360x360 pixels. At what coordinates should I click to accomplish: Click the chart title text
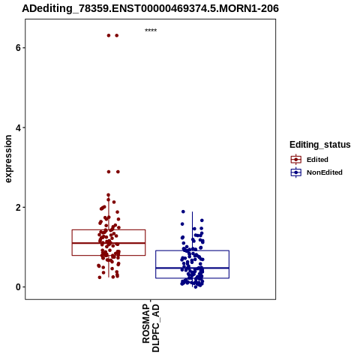click(x=150, y=8)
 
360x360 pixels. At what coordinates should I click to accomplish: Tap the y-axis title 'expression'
click(x=8, y=159)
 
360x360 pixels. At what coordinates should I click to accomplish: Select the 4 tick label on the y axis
click(x=18, y=127)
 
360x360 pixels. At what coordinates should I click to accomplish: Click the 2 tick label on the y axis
click(x=18, y=208)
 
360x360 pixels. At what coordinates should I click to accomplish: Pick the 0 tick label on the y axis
click(x=18, y=287)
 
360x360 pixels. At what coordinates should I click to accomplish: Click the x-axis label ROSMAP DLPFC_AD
click(x=151, y=328)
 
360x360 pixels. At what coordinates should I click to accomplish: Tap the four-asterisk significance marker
click(x=151, y=31)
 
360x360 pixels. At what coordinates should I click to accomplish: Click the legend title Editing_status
click(x=320, y=145)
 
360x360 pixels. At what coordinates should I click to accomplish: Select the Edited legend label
click(x=317, y=160)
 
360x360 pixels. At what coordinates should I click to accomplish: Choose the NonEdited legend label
click(x=325, y=172)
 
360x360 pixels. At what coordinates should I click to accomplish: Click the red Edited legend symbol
click(x=296, y=160)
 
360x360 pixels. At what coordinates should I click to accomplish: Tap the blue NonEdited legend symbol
click(x=296, y=172)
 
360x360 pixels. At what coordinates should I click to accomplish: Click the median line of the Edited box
click(x=109, y=243)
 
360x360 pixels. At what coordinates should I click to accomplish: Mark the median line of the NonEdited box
click(x=192, y=268)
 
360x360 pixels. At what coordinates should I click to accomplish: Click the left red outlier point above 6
click(x=109, y=35)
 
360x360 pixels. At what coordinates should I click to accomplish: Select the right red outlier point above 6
click(x=117, y=35)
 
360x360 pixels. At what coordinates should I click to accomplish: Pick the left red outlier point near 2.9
click(x=109, y=172)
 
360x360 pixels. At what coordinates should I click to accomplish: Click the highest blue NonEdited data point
click(x=183, y=211)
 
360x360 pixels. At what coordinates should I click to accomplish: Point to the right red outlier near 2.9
click(x=118, y=172)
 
